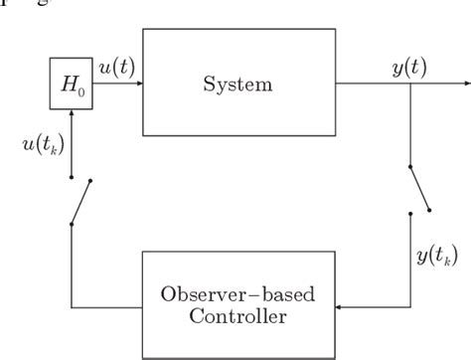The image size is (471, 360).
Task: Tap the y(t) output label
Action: pos(409,69)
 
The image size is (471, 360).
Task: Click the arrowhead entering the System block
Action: pos(138,84)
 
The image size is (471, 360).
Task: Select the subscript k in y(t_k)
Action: pos(449,261)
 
